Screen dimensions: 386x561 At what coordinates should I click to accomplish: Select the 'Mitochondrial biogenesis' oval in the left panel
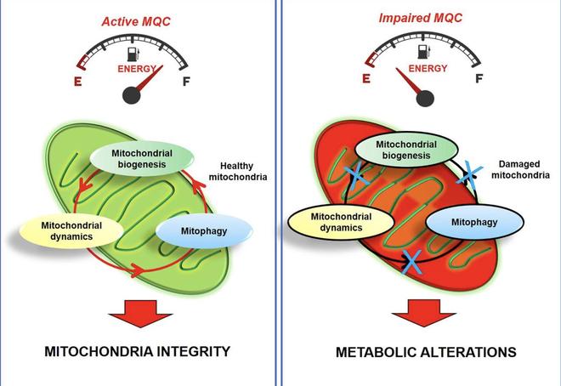coord(142,159)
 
